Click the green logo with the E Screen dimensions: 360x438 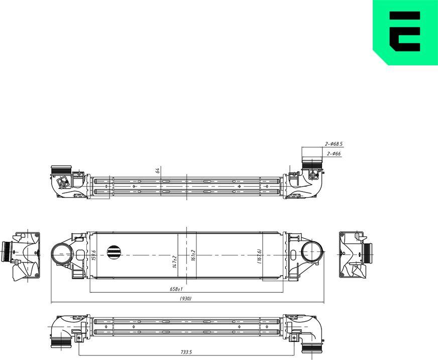coord(405,33)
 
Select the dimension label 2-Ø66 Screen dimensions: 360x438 coord(334,153)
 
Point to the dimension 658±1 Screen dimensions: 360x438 coord(176,290)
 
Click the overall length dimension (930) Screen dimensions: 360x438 coord(185,299)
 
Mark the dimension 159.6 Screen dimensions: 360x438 coord(94,255)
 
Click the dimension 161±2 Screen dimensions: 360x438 coord(193,255)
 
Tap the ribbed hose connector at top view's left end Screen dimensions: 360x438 coord(62,170)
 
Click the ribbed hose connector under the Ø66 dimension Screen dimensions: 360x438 coord(312,164)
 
